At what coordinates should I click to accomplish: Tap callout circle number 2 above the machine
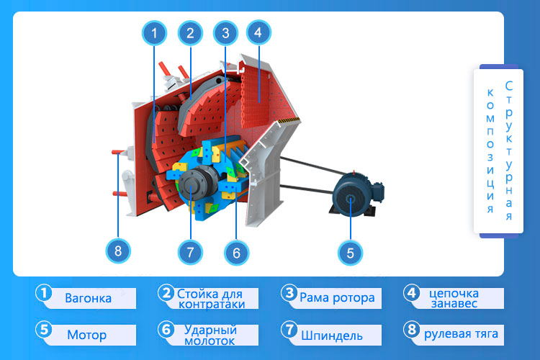[x=189, y=32]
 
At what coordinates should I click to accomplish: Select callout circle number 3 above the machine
[x=225, y=32]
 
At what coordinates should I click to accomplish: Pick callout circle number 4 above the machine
[x=258, y=32]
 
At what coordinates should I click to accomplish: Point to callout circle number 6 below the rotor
[x=236, y=252]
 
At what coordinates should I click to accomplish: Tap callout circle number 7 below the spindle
[x=190, y=252]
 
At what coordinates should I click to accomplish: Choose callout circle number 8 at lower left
[x=118, y=251]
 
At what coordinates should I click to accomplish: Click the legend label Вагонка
[x=88, y=298]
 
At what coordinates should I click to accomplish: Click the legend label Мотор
[x=86, y=335]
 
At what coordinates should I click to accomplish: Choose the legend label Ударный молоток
[x=210, y=335]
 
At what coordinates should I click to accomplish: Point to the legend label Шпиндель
[x=331, y=336]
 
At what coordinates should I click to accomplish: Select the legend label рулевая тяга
[x=461, y=334]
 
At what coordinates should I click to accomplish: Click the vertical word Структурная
[x=510, y=151]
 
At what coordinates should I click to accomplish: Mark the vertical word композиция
[x=490, y=151]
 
